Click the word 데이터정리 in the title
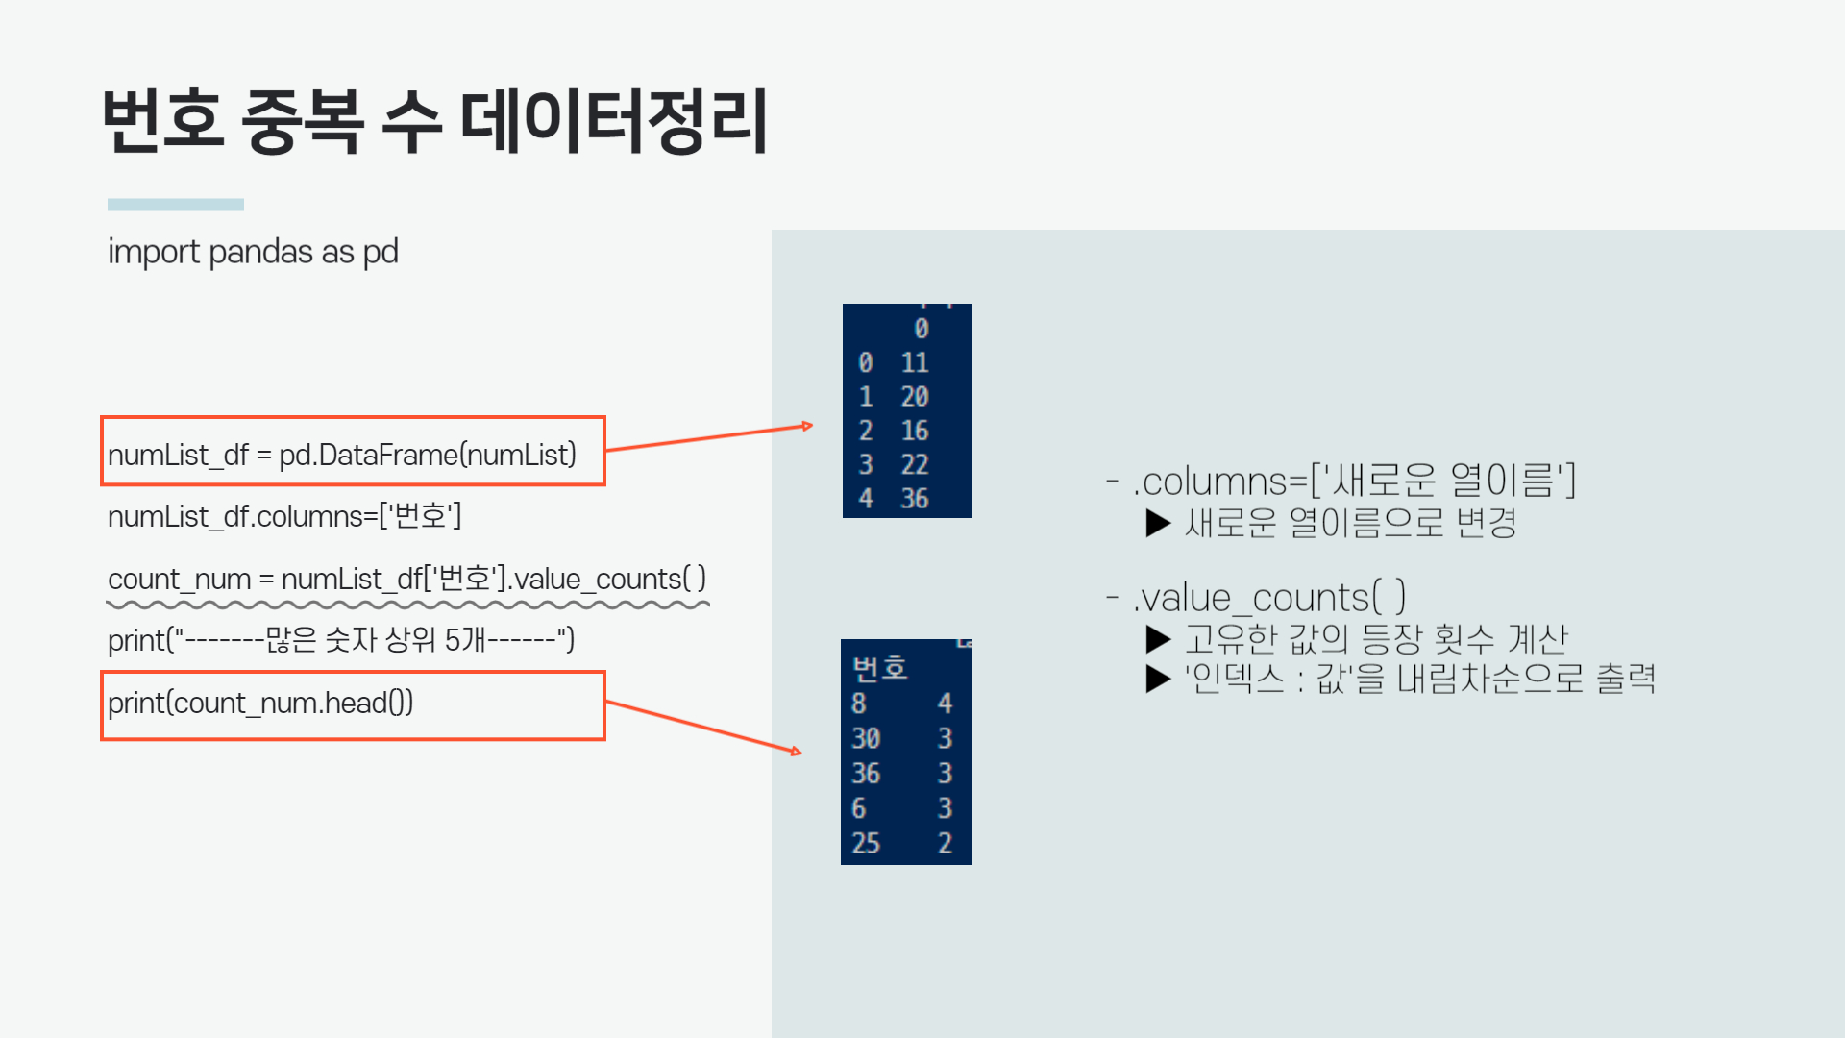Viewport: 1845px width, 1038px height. [615, 122]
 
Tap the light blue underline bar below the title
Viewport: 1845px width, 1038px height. [176, 205]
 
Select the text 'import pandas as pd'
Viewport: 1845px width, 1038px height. [253, 252]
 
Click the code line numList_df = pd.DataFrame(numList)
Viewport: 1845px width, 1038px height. [342, 455]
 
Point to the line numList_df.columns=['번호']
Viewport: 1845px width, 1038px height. [284, 517]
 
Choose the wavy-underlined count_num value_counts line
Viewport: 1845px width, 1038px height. [406, 580]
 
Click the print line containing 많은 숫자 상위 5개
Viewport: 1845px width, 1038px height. [341, 640]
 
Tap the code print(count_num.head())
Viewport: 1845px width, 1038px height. [260, 704]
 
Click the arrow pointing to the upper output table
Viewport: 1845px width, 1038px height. [710, 437]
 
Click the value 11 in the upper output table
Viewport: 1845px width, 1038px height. [915, 363]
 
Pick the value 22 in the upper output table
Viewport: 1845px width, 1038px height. [915, 465]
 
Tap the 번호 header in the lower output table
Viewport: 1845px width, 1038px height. [879, 668]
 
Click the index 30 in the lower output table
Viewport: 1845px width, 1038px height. [866, 738]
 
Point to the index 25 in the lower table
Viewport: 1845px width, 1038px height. [866, 843]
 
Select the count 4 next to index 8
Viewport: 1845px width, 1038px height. [945, 704]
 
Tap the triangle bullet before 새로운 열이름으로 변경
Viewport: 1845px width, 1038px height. [1158, 524]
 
